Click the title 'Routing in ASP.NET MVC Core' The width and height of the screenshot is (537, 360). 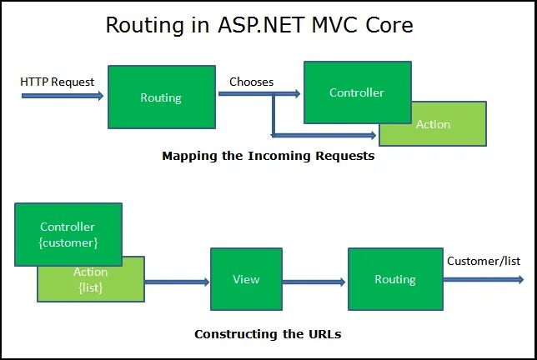point(259,25)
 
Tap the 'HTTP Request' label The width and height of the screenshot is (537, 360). point(58,82)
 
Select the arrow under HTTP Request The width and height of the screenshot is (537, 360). point(63,96)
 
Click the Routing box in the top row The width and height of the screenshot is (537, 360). point(161,97)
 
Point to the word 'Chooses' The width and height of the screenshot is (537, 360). point(252,82)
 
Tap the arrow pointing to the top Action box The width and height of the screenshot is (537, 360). point(325,133)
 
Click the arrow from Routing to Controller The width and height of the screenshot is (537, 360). point(258,95)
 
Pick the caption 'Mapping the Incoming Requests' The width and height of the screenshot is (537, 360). point(268,156)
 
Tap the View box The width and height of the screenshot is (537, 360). point(246,279)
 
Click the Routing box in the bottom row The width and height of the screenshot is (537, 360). point(394,279)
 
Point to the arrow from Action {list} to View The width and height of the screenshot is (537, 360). point(177,282)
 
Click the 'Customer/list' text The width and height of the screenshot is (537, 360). point(484,261)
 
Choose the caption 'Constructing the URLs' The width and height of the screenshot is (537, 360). point(268,334)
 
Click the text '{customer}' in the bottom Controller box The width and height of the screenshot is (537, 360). point(68,242)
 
